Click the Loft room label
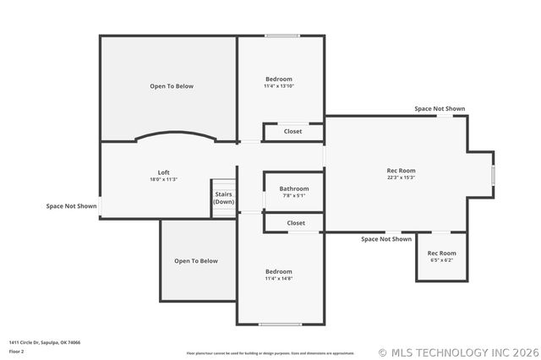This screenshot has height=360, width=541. [164, 172]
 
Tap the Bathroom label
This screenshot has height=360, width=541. [294, 188]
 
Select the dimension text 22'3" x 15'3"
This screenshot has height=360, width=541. [401, 177]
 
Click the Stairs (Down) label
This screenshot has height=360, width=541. [224, 199]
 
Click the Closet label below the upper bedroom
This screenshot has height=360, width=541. [293, 131]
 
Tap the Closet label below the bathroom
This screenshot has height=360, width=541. [296, 222]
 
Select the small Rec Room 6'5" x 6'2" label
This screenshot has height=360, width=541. [441, 256]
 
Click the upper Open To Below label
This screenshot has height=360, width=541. [172, 86]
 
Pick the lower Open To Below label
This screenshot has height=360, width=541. [196, 261]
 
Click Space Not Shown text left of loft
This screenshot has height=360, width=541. [71, 205]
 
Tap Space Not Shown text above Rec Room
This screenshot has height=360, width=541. [440, 109]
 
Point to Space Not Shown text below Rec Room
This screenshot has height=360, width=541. [386, 239]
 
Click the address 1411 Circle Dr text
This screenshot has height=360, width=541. [45, 342]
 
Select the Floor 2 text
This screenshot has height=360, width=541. [17, 351]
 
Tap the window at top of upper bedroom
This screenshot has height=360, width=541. [281, 35]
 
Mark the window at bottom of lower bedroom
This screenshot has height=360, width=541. [281, 325]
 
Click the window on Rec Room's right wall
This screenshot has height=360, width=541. [494, 174]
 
